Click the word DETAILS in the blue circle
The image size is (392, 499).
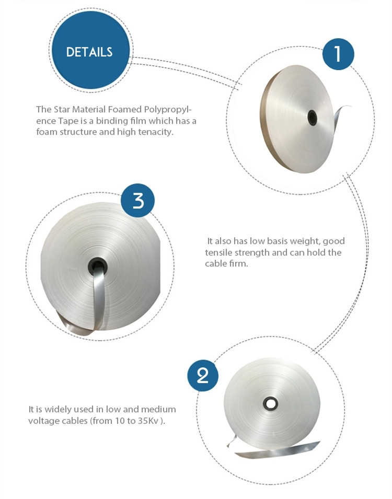(89, 52)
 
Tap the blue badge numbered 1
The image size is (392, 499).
(338, 54)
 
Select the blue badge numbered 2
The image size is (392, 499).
(203, 376)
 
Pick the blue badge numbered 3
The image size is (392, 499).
(138, 201)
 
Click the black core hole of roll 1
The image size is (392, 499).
(312, 118)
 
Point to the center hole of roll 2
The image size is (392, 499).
(270, 403)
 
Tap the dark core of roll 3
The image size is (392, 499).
(97, 266)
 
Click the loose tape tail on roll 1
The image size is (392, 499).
(341, 112)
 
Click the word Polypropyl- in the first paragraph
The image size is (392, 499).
(168, 110)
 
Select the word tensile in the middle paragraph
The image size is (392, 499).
(218, 253)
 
